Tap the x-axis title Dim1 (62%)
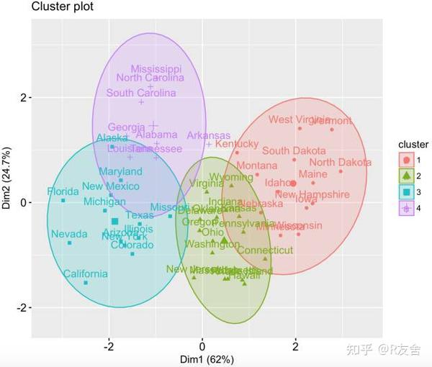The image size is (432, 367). point(202,358)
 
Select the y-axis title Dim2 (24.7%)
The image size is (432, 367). point(7,176)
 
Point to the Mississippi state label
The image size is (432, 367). point(156,69)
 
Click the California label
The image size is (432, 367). point(85,274)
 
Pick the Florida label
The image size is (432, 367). point(63,192)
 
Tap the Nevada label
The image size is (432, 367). point(69,235)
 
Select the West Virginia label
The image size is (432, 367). point(300,119)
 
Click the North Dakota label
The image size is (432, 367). point(341,163)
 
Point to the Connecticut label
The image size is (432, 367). point(265,250)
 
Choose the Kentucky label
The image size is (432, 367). point(236,144)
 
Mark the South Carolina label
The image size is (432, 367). point(141,93)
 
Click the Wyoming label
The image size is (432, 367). point(231,177)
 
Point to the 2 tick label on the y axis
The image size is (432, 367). point(23,97)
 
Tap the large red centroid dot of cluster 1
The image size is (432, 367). point(293,183)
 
